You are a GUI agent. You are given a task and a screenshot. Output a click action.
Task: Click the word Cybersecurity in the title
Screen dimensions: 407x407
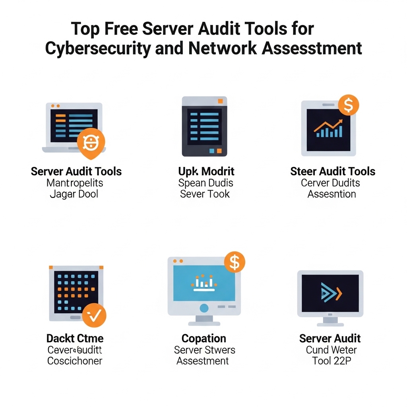(x=98, y=48)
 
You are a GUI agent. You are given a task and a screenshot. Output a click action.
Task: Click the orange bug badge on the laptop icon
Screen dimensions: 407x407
(x=91, y=142)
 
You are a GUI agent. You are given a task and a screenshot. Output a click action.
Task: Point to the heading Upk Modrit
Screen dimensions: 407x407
(x=206, y=171)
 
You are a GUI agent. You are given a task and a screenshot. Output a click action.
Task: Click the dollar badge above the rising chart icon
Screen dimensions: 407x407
(x=348, y=105)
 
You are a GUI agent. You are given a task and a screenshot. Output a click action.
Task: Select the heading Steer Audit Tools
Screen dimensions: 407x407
(x=333, y=171)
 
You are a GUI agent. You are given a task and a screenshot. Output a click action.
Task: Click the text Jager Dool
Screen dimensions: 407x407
(x=74, y=194)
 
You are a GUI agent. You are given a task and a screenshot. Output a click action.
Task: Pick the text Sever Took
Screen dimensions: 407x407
(x=205, y=194)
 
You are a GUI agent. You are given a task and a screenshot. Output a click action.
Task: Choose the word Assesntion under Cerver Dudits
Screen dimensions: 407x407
(x=332, y=194)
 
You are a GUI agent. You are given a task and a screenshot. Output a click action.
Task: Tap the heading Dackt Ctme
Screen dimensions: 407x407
(x=75, y=339)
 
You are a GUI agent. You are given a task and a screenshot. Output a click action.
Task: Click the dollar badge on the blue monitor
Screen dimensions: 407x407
(x=235, y=262)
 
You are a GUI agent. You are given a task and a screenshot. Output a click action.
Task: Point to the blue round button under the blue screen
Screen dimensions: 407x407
(x=204, y=308)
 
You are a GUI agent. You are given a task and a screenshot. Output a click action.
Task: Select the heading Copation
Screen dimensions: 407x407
(x=204, y=339)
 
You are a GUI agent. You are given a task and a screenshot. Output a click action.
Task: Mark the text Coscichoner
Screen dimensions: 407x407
(x=75, y=361)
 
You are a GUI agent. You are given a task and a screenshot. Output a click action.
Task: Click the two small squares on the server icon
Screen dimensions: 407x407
(x=215, y=151)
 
